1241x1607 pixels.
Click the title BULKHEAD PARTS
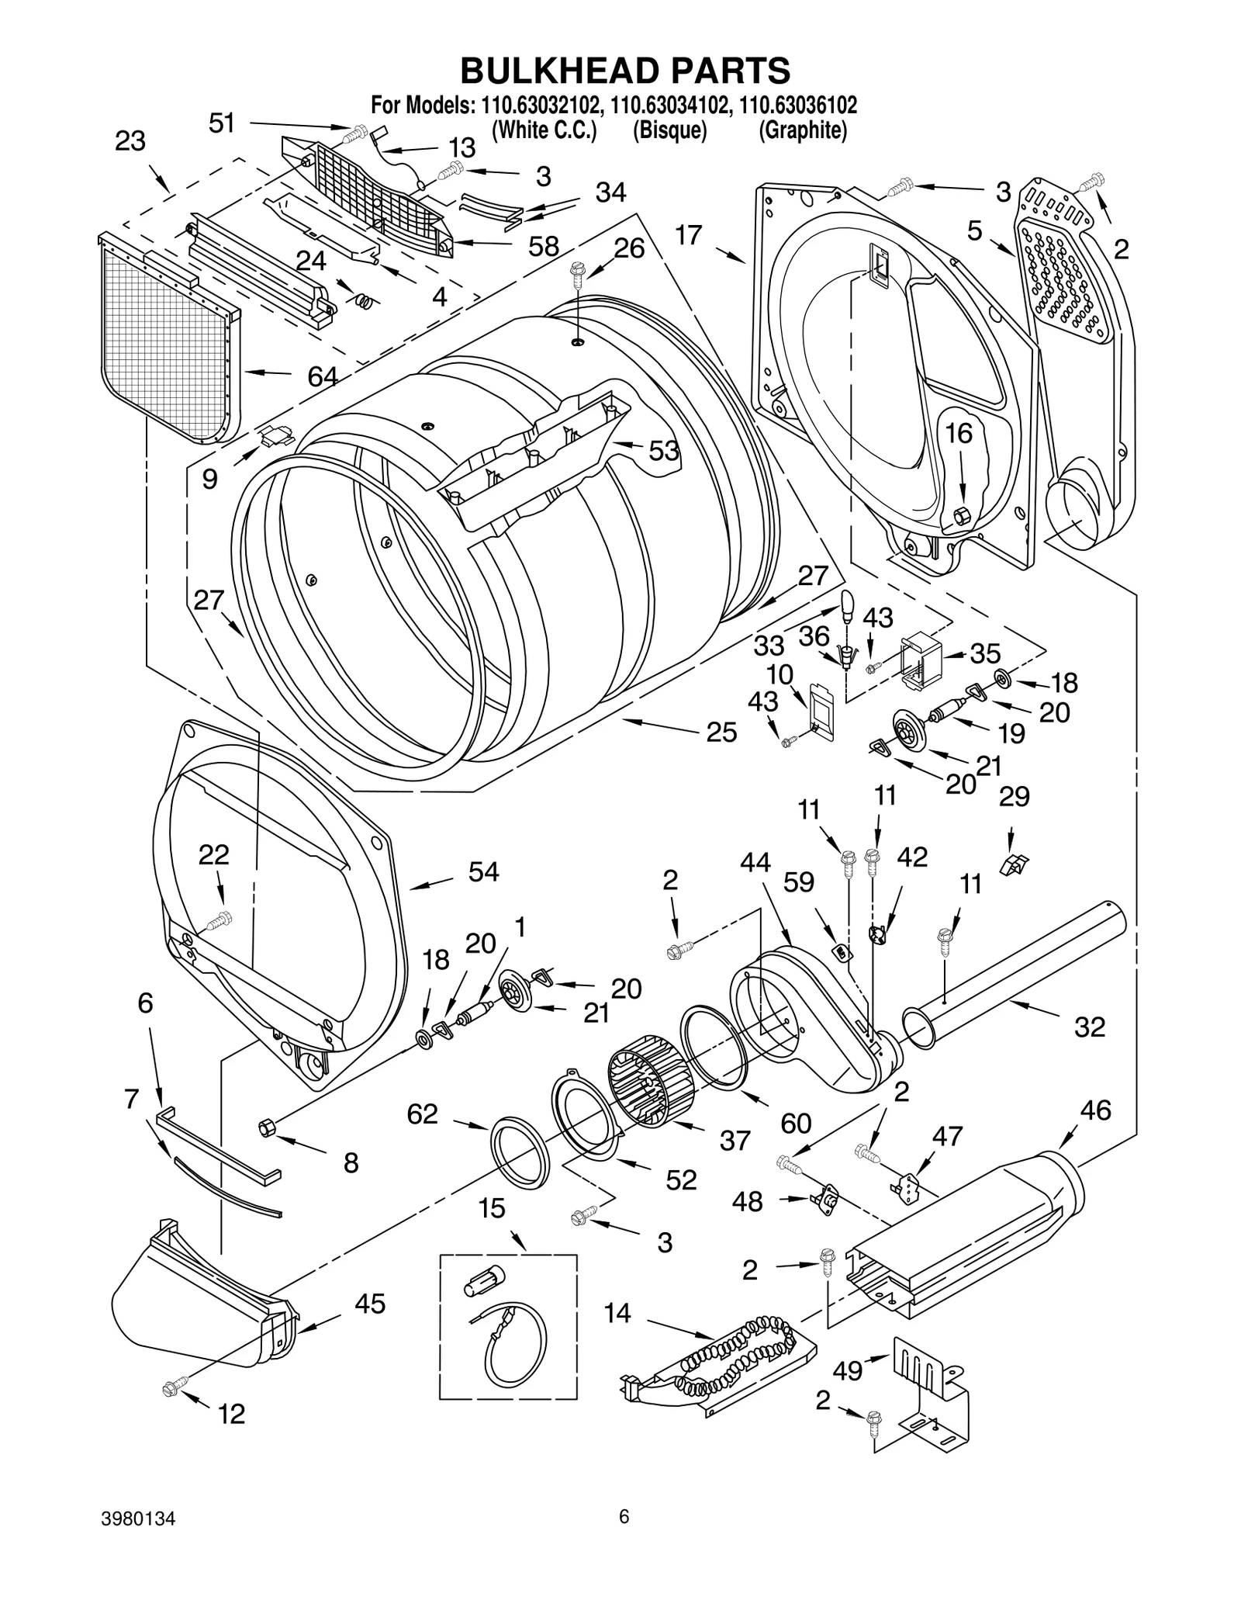(625, 70)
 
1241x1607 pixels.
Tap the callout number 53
(663, 450)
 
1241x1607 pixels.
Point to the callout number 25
(721, 732)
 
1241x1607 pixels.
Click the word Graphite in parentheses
(802, 130)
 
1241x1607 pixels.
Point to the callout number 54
(483, 871)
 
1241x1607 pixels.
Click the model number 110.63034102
(669, 104)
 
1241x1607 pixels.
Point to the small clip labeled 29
(1013, 864)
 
